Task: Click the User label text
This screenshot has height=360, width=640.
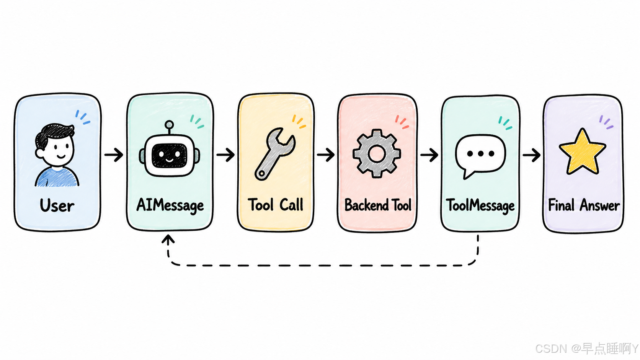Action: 57,205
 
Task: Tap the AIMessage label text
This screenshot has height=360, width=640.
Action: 170,206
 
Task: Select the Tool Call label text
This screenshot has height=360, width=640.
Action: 276,205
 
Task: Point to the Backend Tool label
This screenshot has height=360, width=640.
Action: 378,205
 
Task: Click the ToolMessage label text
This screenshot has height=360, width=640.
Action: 480,206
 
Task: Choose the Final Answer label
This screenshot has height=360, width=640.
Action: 584,205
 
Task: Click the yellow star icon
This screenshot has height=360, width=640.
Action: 582,151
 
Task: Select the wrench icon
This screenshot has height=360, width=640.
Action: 274,154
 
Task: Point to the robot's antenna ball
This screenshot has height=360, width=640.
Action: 169,124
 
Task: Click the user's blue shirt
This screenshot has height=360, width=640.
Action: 57,178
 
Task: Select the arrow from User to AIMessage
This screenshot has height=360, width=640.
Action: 114,155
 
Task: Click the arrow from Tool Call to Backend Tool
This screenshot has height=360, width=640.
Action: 326,155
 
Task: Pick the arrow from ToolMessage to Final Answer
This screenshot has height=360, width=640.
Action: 532,155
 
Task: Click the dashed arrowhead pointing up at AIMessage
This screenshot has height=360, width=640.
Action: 168,239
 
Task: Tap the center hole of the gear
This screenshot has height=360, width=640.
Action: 377,153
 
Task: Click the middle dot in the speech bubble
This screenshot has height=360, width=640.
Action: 480,154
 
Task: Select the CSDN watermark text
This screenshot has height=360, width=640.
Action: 586,349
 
